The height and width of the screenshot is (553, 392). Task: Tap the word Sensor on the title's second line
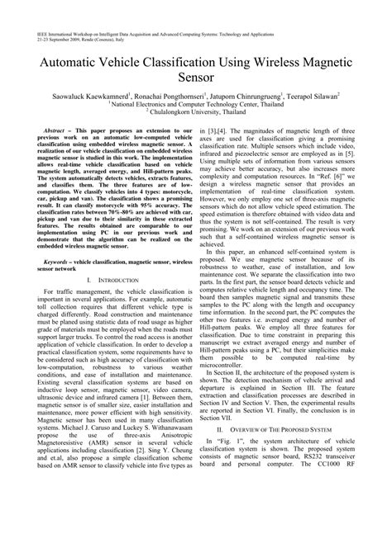[196, 80]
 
